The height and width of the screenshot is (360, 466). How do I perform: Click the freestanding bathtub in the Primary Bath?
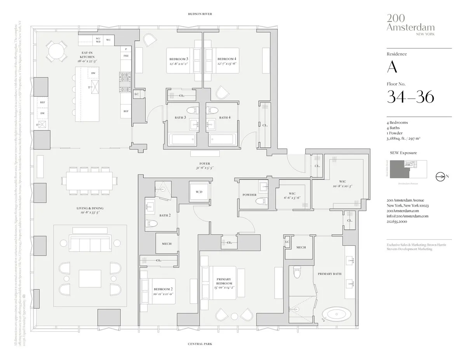(x=336, y=313)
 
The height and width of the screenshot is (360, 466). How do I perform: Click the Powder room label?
(x=249, y=195)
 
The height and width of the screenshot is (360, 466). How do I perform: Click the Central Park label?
(x=200, y=344)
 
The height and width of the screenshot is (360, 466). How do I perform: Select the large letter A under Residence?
(x=392, y=68)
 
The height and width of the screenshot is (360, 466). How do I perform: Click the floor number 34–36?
(x=410, y=96)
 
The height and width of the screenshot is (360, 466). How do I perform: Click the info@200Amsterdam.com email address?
(x=407, y=216)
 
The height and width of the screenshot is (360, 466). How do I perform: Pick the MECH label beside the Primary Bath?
(x=301, y=247)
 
